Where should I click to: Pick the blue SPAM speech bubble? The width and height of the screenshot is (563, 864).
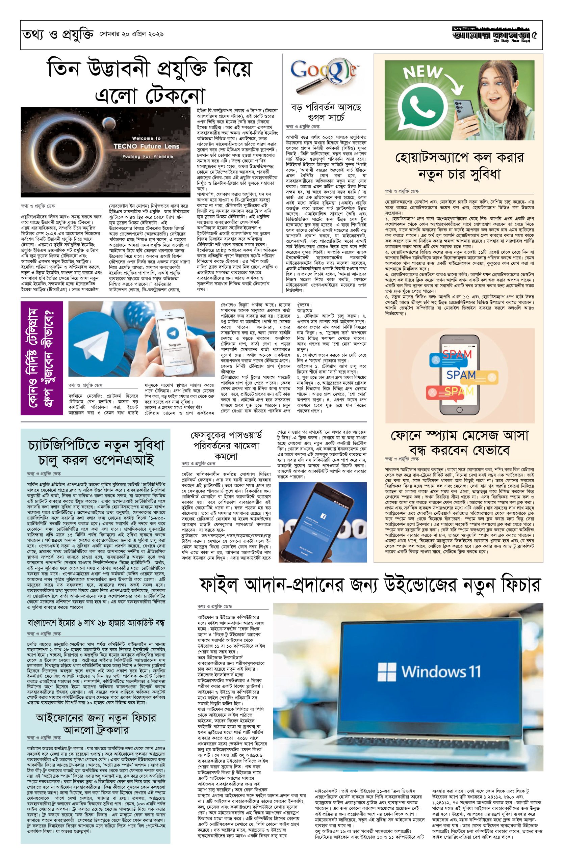tap(461, 374)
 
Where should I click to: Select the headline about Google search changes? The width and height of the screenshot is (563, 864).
tap(326, 112)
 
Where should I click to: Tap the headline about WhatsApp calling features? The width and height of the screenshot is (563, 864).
tap(459, 166)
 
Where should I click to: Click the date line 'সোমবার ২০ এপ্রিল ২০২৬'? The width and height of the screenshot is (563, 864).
tap(132, 34)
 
